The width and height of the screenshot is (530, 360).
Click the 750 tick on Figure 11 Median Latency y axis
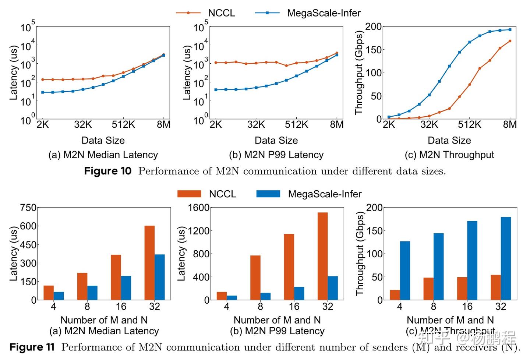pyautogui.click(x=28, y=208)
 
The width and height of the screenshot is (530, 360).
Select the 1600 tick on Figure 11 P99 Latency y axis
pyautogui.click(x=199, y=208)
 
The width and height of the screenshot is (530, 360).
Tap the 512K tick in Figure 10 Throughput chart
pyautogui.click(x=469, y=125)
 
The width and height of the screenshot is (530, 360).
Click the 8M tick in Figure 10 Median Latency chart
pyautogui.click(x=164, y=125)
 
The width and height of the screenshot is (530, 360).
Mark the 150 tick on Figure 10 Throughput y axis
pyautogui.click(x=374, y=50)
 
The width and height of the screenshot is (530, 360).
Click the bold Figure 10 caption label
pyautogui.click(x=107, y=171)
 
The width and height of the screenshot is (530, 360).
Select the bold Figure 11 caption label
pyautogui.click(x=32, y=347)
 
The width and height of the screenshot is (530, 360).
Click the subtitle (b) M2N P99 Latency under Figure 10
pyautogui.click(x=276, y=155)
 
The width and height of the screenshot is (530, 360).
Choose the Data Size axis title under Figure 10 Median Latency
pyautogui.click(x=103, y=140)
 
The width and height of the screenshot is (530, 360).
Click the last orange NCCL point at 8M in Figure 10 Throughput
pyautogui.click(x=510, y=41)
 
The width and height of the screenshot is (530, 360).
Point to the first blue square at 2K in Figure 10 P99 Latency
pyautogui.click(x=216, y=90)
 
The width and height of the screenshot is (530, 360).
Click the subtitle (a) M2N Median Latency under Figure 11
pyautogui.click(x=104, y=331)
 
